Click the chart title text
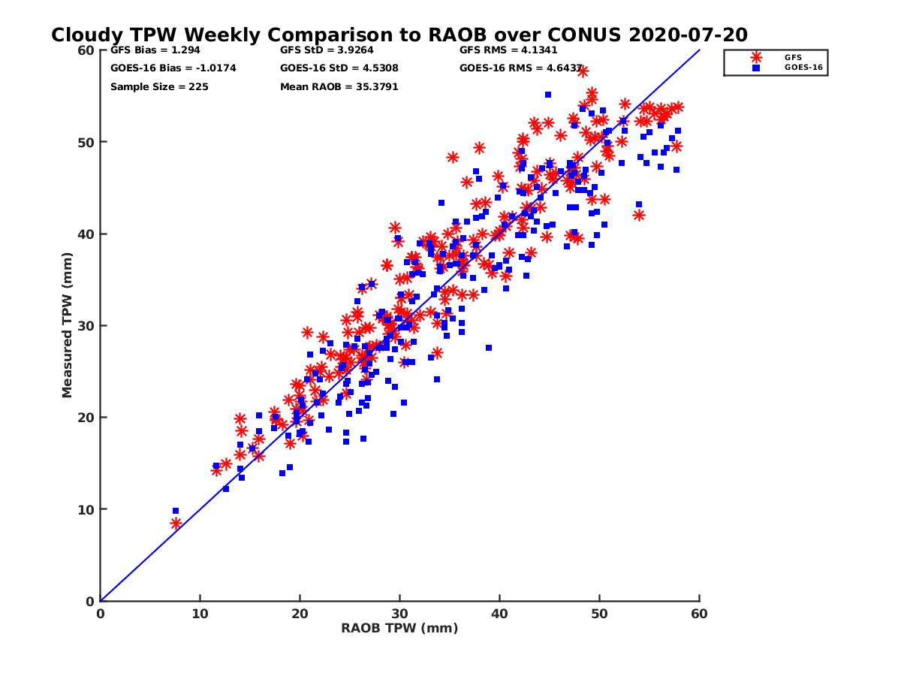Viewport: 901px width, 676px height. click(399, 35)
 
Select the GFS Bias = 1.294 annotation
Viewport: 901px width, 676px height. click(155, 50)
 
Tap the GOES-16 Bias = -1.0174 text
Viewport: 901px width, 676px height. click(173, 68)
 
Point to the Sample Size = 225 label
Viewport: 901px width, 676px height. click(159, 87)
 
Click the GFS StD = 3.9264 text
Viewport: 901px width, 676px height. click(327, 50)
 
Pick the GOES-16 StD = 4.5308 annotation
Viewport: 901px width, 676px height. click(339, 68)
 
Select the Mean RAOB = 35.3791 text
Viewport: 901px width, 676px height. click(339, 87)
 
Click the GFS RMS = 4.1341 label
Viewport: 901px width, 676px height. click(508, 50)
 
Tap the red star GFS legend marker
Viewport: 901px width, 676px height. click(755, 58)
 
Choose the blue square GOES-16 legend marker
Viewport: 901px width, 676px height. click(755, 68)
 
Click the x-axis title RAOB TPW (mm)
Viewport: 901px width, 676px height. click(399, 628)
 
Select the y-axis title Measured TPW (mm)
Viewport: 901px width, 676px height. click(67, 325)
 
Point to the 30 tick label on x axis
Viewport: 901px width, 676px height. click(399, 614)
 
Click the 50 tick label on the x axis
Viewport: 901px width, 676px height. click(599, 614)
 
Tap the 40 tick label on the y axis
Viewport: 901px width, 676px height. click(86, 234)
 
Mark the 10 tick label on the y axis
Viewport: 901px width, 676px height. click(86, 509)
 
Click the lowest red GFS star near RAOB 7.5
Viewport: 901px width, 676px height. click(176, 524)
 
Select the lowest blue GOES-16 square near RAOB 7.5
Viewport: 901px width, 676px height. click(176, 511)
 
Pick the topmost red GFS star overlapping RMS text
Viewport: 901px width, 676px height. click(583, 71)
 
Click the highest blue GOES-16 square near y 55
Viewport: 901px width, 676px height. click(548, 95)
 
